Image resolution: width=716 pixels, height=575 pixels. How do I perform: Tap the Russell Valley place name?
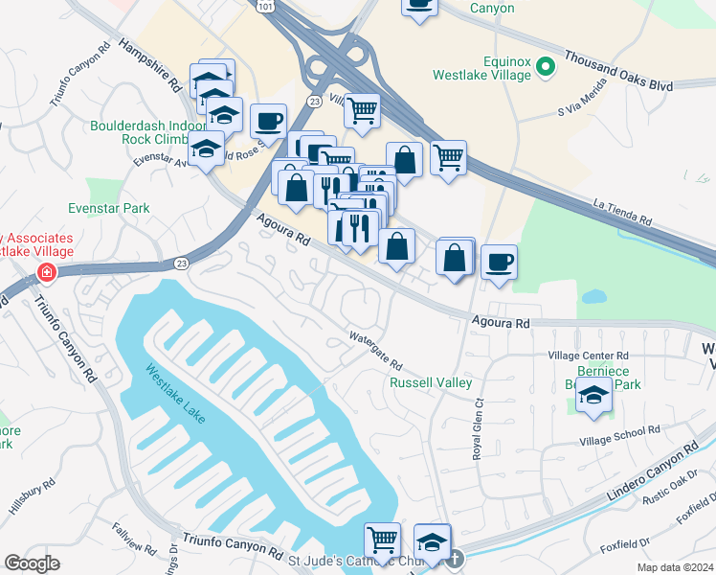pyautogui.click(x=431, y=383)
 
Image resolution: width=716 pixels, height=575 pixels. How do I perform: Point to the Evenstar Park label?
pyautogui.click(x=109, y=208)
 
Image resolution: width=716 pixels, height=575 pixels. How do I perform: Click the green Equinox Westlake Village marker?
pyautogui.click(x=546, y=67)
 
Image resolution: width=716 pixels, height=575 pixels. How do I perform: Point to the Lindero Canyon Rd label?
pyautogui.click(x=654, y=473)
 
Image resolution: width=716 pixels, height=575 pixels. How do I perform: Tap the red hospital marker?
pyautogui.click(x=45, y=274)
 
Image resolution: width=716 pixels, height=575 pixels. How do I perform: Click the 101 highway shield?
pyautogui.click(x=265, y=6)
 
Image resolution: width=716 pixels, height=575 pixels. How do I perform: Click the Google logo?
pyautogui.click(x=32, y=563)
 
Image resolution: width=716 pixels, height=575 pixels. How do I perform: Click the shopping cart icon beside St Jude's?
pyautogui.click(x=382, y=540)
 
